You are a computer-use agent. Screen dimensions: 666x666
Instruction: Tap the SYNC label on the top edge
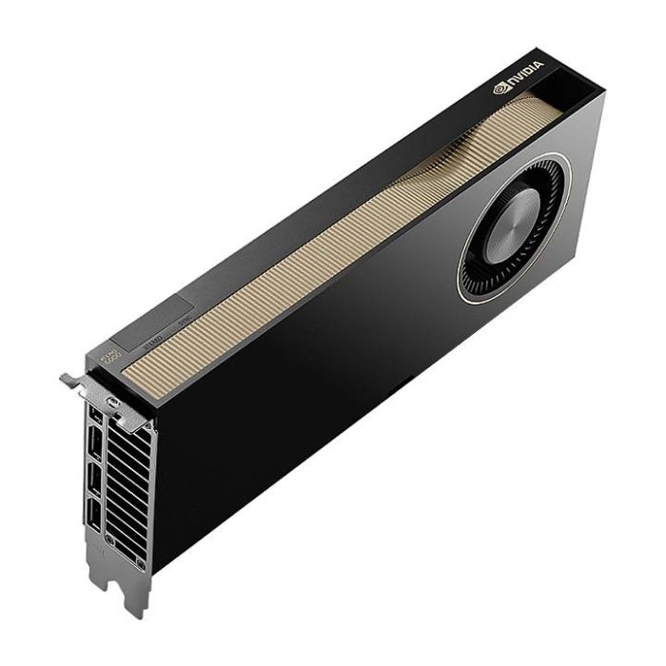[185, 321]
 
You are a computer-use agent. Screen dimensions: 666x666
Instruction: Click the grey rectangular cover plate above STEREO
[152, 323]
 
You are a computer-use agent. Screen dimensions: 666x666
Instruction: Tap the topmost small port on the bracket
[95, 420]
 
